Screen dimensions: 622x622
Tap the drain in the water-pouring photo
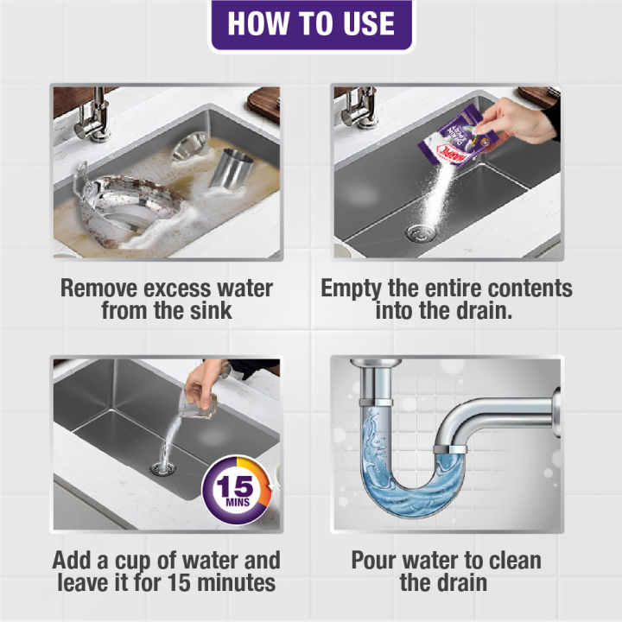(161, 469)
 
